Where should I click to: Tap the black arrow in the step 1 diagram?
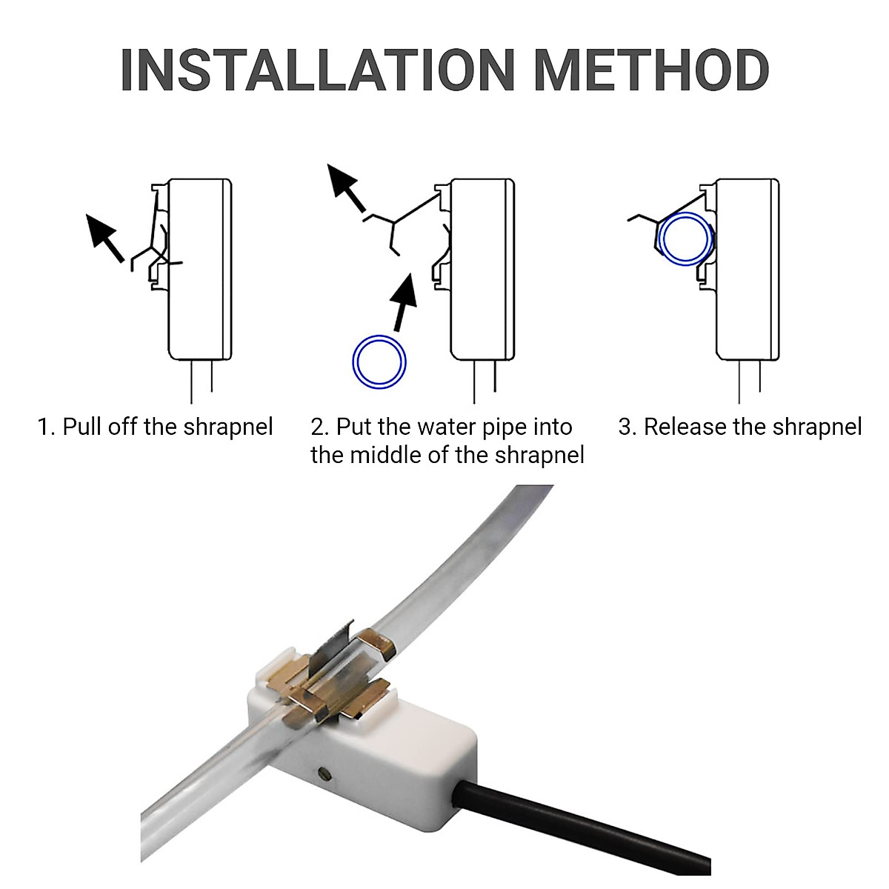click(104, 236)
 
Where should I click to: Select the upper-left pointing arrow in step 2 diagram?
click(346, 188)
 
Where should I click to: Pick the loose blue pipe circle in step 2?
click(379, 362)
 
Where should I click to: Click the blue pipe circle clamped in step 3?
click(685, 239)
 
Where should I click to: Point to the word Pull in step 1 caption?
click(82, 427)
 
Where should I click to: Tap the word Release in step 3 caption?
click(685, 427)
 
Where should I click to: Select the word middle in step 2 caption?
click(385, 455)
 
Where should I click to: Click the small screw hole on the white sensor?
click(324, 773)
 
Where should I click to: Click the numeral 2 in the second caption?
click(319, 427)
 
